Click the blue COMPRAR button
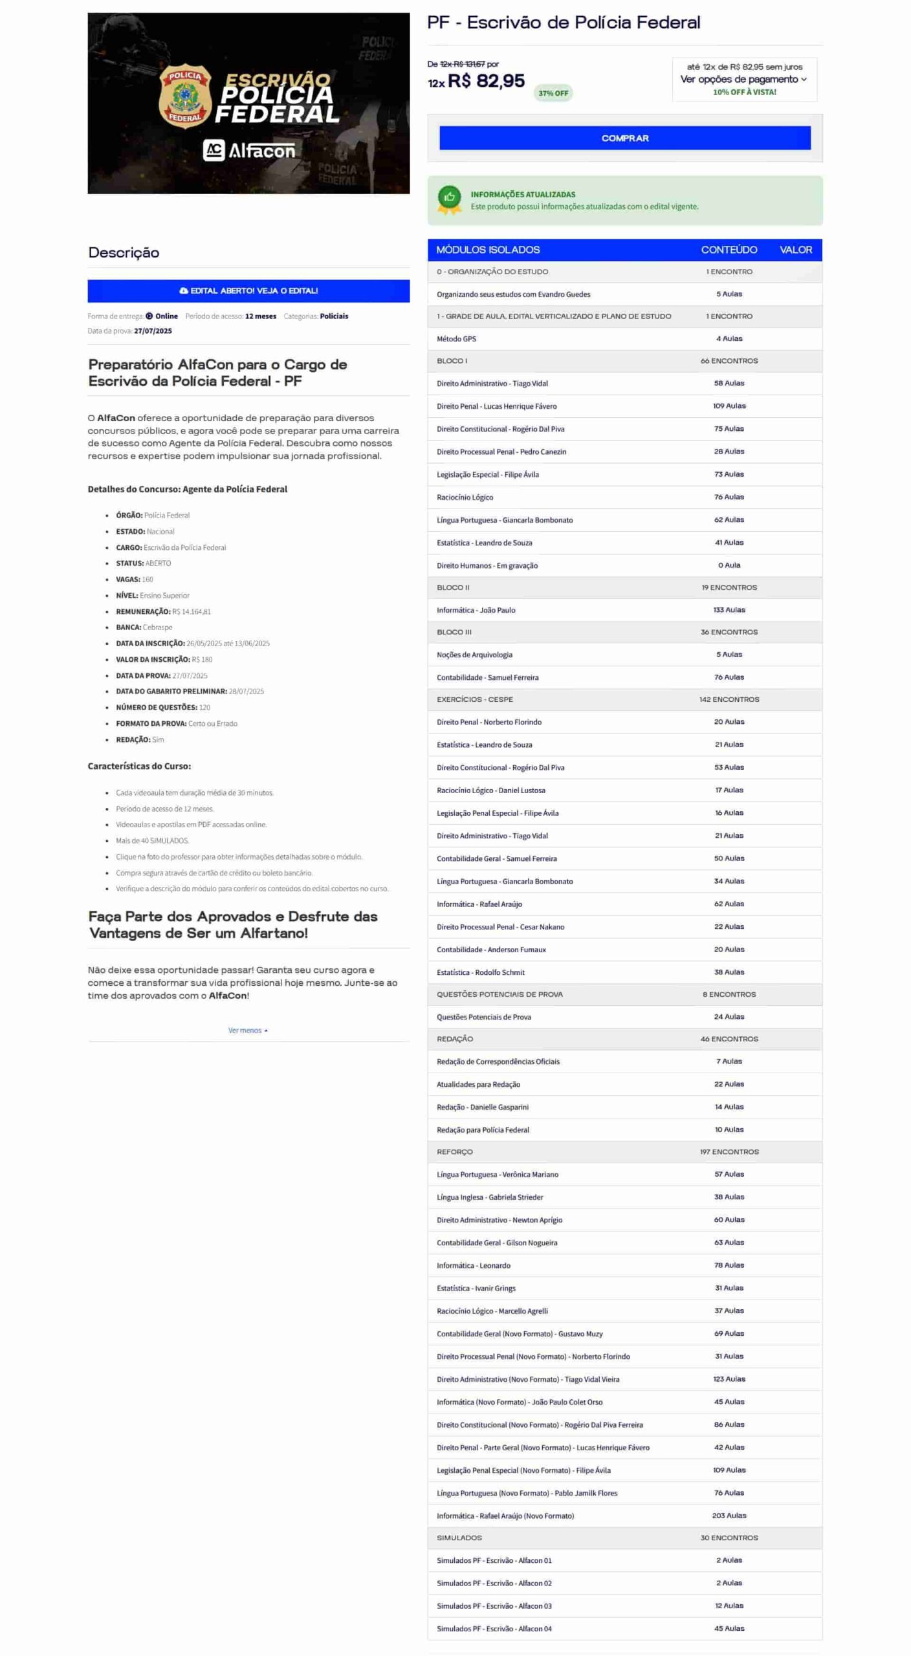pos(624,138)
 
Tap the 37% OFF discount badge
pos(553,93)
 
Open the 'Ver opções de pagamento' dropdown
pos(743,79)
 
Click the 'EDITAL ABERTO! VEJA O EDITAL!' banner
pos(248,290)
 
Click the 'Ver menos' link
pos(247,1030)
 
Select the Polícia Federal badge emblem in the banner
pos(185,96)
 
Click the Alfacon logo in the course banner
pos(249,151)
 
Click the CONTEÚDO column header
pos(729,250)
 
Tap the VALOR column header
pos(795,250)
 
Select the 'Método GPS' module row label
pos(456,339)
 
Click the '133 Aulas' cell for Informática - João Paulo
pos(729,610)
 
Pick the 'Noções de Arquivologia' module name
pos(474,655)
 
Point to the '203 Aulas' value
pos(729,1515)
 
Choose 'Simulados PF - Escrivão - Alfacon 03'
pos(494,1606)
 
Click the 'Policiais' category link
pos(334,316)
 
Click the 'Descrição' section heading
pos(124,253)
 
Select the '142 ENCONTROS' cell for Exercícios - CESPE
pos(729,699)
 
